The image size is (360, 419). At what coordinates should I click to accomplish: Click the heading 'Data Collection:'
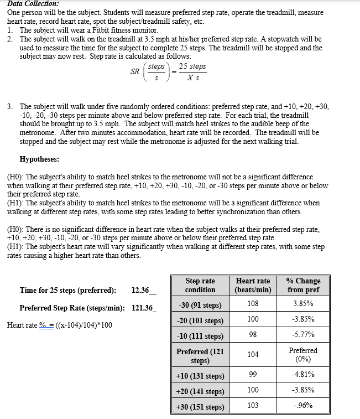(x=32, y=3)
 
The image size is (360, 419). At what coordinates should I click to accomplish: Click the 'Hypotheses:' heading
(x=39, y=159)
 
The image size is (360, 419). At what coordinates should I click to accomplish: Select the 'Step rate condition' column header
(x=200, y=285)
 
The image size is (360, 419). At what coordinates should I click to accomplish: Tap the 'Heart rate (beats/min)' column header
(x=253, y=285)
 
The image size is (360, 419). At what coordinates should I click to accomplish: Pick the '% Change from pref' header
(x=303, y=285)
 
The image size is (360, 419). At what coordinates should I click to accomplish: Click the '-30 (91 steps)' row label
(x=200, y=305)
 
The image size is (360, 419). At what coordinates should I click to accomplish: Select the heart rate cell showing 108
(x=253, y=303)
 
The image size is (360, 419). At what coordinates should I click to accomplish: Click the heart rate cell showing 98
(x=253, y=334)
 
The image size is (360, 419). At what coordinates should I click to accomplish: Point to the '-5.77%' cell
(x=303, y=334)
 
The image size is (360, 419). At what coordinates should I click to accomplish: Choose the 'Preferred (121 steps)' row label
(x=200, y=356)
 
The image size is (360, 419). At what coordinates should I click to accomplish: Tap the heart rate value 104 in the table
(x=253, y=354)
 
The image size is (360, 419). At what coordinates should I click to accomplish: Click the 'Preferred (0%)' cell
(x=303, y=354)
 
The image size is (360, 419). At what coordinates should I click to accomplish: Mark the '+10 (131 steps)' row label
(x=200, y=376)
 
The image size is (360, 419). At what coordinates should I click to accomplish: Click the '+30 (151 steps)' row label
(x=200, y=407)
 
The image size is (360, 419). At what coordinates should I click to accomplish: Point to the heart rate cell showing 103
(x=253, y=405)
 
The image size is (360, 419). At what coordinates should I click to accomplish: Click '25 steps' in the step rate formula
(x=192, y=66)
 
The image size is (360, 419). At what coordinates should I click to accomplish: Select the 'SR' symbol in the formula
(x=134, y=71)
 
